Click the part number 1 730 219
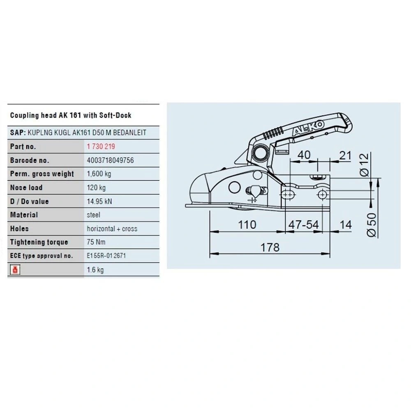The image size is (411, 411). [x=101, y=146]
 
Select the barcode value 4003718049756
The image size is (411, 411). [x=110, y=160]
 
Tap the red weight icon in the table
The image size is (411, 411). [x=15, y=270]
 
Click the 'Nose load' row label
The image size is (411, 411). [x=26, y=187]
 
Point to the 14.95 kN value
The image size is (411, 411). [x=99, y=201]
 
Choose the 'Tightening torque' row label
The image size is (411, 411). [x=39, y=242]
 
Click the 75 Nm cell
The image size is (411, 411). [x=96, y=242]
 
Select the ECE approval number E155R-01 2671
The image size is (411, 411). [x=106, y=256]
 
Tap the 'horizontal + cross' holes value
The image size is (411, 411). [x=112, y=229]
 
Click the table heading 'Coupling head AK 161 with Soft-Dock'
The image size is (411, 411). [x=71, y=115]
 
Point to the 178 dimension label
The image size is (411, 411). [x=270, y=247]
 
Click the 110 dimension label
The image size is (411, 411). [x=247, y=225]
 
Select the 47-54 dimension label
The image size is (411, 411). [x=304, y=225]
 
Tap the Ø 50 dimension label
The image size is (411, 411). [x=372, y=225]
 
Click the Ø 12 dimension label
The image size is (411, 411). [x=364, y=165]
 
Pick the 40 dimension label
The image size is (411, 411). [x=304, y=155]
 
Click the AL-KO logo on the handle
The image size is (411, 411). [x=308, y=128]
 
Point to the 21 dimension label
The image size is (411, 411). [x=345, y=156]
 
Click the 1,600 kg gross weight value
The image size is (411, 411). [x=99, y=174]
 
